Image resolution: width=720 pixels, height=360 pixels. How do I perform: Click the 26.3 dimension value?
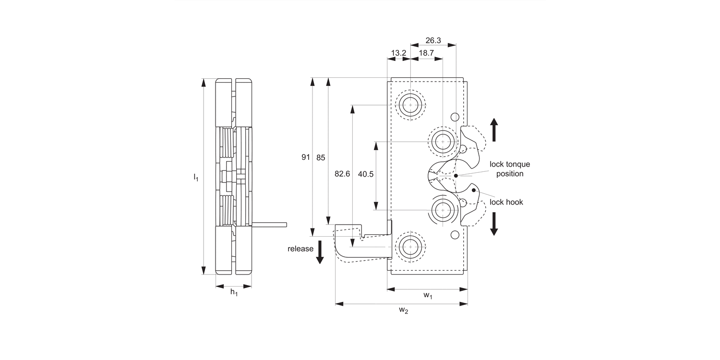[x=433, y=40]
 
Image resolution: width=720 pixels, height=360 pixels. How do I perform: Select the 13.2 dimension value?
[x=398, y=53]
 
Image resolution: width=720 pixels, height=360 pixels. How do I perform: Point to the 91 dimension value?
[x=306, y=157]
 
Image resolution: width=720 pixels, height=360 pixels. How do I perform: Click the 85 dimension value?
[x=321, y=157]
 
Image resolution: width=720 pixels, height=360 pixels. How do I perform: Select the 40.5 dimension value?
[x=366, y=174]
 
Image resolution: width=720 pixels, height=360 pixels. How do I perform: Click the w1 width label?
[x=428, y=296]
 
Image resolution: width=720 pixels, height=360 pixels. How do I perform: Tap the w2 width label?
[x=403, y=311]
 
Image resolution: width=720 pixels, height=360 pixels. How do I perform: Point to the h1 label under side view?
[x=234, y=292]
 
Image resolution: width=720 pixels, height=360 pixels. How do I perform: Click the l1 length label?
[x=196, y=177]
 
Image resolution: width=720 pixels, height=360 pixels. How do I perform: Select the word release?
[x=300, y=249]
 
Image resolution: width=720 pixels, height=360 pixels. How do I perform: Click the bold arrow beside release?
[x=320, y=252]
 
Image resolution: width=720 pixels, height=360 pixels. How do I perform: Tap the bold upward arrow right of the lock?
[x=494, y=130]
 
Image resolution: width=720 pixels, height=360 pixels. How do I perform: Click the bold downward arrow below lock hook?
[x=494, y=224]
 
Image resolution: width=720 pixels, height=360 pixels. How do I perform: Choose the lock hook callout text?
[x=506, y=202]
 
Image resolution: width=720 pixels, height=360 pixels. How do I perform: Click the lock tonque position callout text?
[x=510, y=169]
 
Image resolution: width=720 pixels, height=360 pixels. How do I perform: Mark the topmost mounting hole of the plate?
[x=411, y=104]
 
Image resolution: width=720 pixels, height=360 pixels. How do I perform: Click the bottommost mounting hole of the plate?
[x=411, y=247]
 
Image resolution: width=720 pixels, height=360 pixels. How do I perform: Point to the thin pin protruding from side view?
[x=269, y=224]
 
